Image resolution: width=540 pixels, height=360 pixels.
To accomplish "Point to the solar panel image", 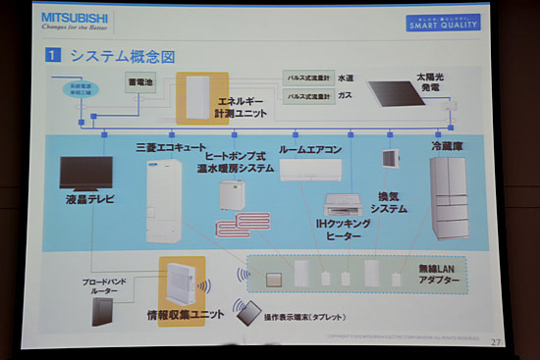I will click(405, 95).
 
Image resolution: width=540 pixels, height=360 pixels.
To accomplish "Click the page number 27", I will click(495, 341).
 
